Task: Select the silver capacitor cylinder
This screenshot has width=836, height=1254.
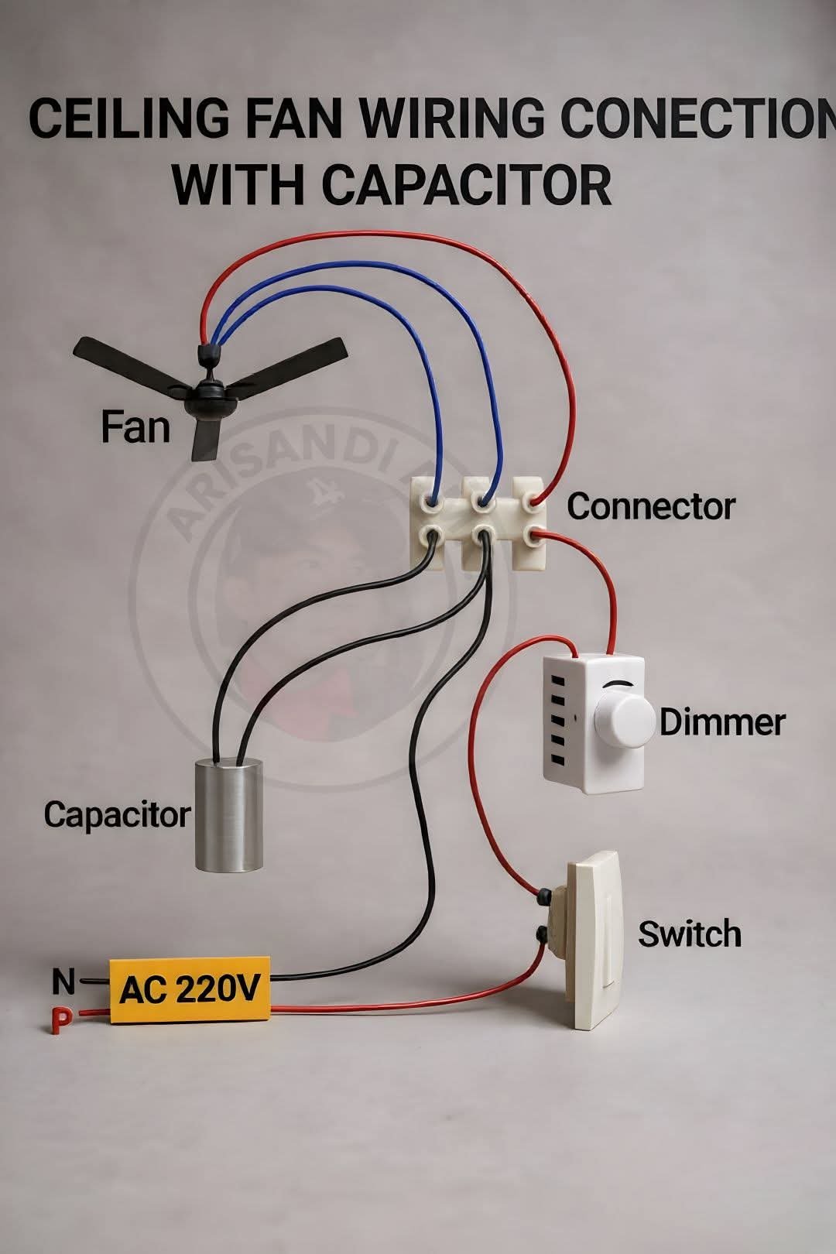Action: pos(229,814)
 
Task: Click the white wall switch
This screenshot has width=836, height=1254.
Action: pos(594,940)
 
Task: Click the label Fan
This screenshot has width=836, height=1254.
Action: pos(135,427)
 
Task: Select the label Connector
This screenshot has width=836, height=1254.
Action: pos(650,507)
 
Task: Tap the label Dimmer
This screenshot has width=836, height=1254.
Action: pos(721,722)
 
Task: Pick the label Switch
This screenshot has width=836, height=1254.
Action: pos(689,934)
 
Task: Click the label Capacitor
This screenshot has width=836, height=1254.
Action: pos(117,814)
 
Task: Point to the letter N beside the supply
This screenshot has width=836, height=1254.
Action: pos(63,982)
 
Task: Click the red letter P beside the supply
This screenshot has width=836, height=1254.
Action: pos(60,1021)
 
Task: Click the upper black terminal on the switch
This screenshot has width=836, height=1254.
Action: pos(544,896)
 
